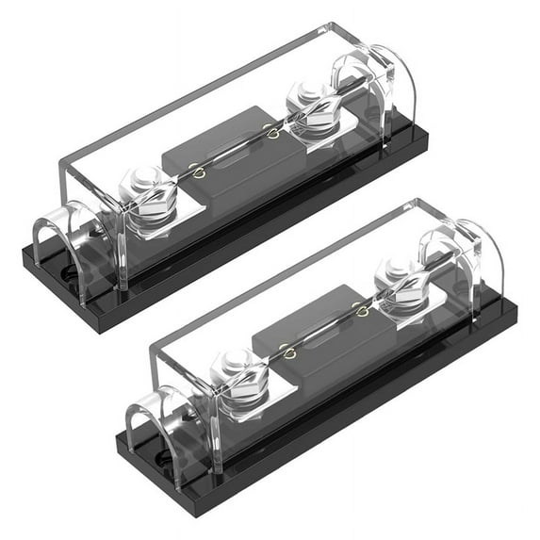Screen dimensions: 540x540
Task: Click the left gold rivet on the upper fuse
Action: coord(197,171)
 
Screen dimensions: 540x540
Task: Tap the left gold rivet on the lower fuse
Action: coord(287,352)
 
